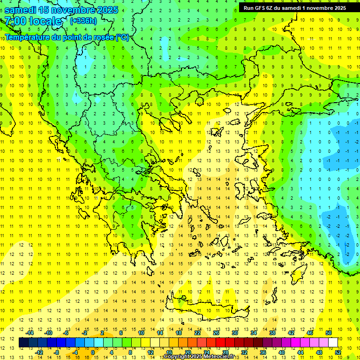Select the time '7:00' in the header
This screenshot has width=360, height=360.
[x=15, y=21]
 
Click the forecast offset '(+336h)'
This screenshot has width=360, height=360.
[x=83, y=21]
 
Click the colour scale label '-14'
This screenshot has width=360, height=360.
[x=30, y=332]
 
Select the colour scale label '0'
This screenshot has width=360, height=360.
[x=92, y=352]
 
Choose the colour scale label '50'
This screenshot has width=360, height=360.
[x=328, y=332]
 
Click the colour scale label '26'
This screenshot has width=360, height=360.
[x=216, y=332]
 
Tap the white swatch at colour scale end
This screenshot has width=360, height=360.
[x=333, y=343]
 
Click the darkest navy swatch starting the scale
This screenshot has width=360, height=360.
[x=23, y=343]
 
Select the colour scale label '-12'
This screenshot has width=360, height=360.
[x=39, y=352]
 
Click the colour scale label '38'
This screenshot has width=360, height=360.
[x=272, y=332]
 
